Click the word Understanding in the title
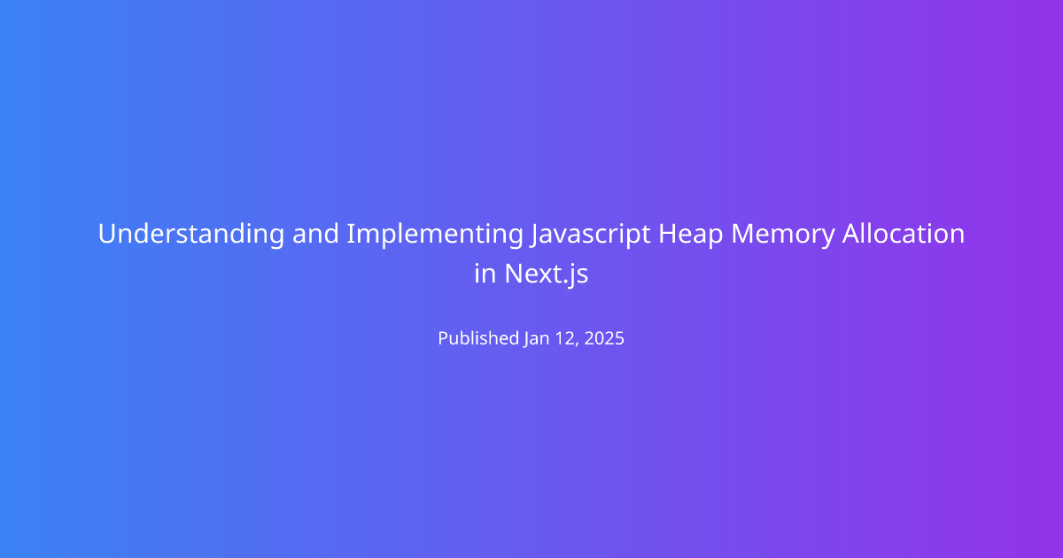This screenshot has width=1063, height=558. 191,234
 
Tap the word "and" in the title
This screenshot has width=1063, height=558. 315,234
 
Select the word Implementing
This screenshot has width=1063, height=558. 435,235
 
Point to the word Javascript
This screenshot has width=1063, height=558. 590,235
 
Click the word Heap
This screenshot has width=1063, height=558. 690,235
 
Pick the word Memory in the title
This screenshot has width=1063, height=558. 782,235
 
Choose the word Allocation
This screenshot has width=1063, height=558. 904,234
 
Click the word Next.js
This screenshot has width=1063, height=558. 547,275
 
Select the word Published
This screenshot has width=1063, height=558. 478,338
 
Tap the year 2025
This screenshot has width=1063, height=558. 604,338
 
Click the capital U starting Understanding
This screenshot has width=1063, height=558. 107,234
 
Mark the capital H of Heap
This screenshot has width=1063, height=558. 668,234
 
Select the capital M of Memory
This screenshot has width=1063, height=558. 743,234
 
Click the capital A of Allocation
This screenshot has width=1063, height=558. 852,234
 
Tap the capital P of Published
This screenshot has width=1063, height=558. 444,338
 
